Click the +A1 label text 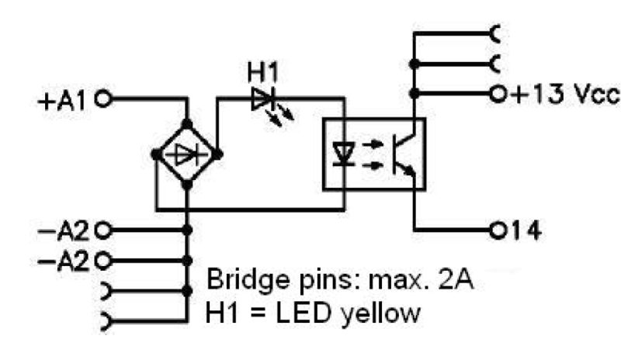tap(66, 100)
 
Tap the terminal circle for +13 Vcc tap(497, 95)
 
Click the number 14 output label tap(522, 230)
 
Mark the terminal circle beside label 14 tap(498, 230)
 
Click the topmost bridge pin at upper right tap(495, 34)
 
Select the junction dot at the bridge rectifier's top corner tap(186, 123)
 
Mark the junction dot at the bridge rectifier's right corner tap(218, 154)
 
